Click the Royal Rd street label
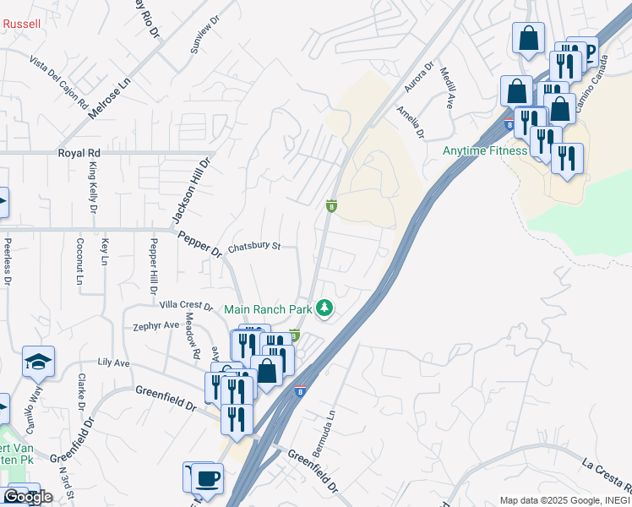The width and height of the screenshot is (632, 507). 79,153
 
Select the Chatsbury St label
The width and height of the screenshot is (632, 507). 253,247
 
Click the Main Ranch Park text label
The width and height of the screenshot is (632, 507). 267,309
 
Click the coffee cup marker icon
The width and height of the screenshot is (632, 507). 207,478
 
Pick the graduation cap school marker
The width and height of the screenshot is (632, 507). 38,362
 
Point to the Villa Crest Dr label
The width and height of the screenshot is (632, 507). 186,304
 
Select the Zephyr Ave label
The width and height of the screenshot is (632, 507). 156,325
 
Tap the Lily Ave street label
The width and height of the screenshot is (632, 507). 114,363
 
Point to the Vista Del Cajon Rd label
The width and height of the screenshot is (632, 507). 59,81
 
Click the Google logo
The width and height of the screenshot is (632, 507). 27,497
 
